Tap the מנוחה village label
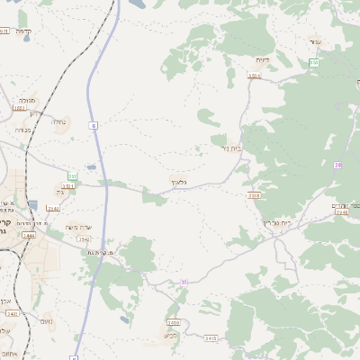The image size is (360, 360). click(26, 102)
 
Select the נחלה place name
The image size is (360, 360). click(59, 121)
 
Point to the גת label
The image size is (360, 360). click(60, 192)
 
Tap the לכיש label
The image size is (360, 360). click(170, 335)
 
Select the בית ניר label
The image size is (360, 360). click(231, 148)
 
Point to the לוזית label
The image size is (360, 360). click(262, 59)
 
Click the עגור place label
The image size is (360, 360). click(314, 41)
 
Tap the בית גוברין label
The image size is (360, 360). click(278, 221)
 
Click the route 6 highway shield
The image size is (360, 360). click(93, 126)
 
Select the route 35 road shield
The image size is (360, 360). click(184, 282)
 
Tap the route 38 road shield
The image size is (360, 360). click(338, 166)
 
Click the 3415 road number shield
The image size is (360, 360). click(211, 338)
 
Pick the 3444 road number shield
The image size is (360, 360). click(30, 234)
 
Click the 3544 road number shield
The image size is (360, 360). click(84, 239)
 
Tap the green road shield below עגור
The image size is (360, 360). click(313, 62)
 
